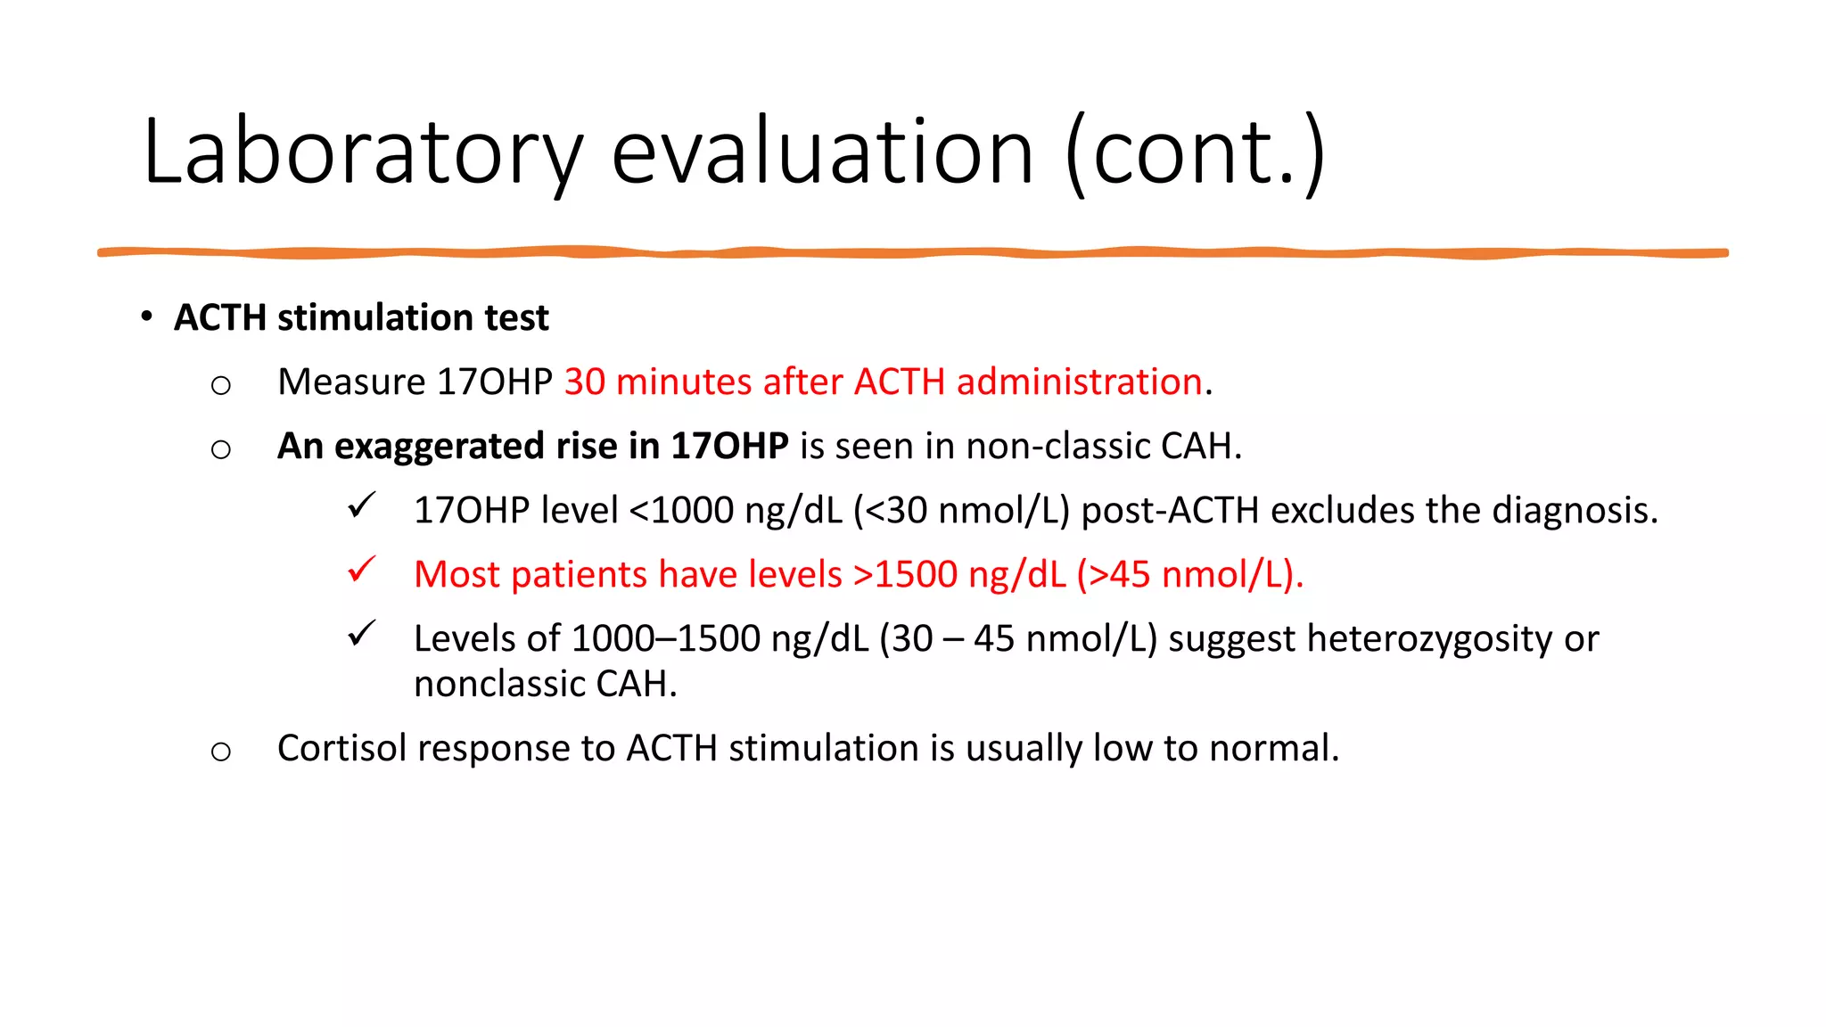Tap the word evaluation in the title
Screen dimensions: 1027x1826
coord(822,153)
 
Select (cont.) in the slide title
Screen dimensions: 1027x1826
coord(1195,153)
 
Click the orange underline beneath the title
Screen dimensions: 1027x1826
coord(913,253)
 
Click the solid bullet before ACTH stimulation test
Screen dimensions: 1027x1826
coord(146,316)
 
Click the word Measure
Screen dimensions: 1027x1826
coord(351,382)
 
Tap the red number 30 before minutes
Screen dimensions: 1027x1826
coord(584,382)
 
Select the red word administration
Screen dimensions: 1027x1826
coord(1079,382)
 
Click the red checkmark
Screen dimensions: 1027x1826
coord(361,570)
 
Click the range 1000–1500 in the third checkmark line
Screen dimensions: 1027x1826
coord(665,638)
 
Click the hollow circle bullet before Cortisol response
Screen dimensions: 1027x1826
coord(220,752)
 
